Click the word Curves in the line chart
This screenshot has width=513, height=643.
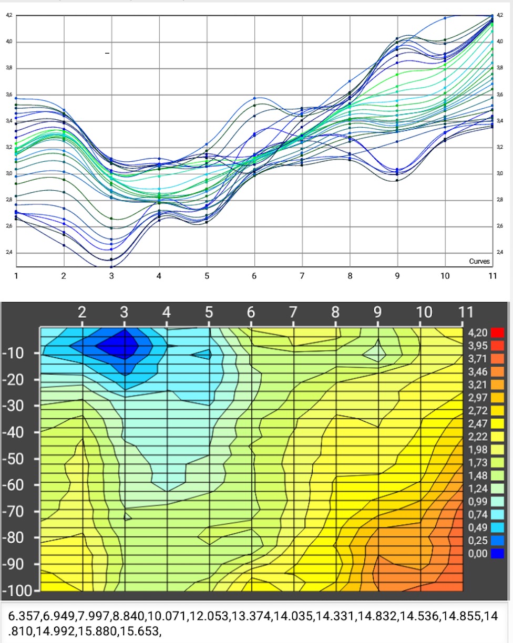[x=479, y=261]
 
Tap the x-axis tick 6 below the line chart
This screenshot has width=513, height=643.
[x=254, y=275]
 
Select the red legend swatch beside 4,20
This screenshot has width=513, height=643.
[x=497, y=332]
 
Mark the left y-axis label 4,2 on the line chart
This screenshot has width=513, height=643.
[x=9, y=15]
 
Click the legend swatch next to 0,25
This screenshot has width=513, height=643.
[x=497, y=540]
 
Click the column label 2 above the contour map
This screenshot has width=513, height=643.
[x=82, y=312]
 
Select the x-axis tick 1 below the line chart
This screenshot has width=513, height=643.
[x=16, y=275]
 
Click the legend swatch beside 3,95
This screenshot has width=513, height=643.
[x=497, y=345]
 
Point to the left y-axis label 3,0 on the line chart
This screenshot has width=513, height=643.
[x=9, y=173]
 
